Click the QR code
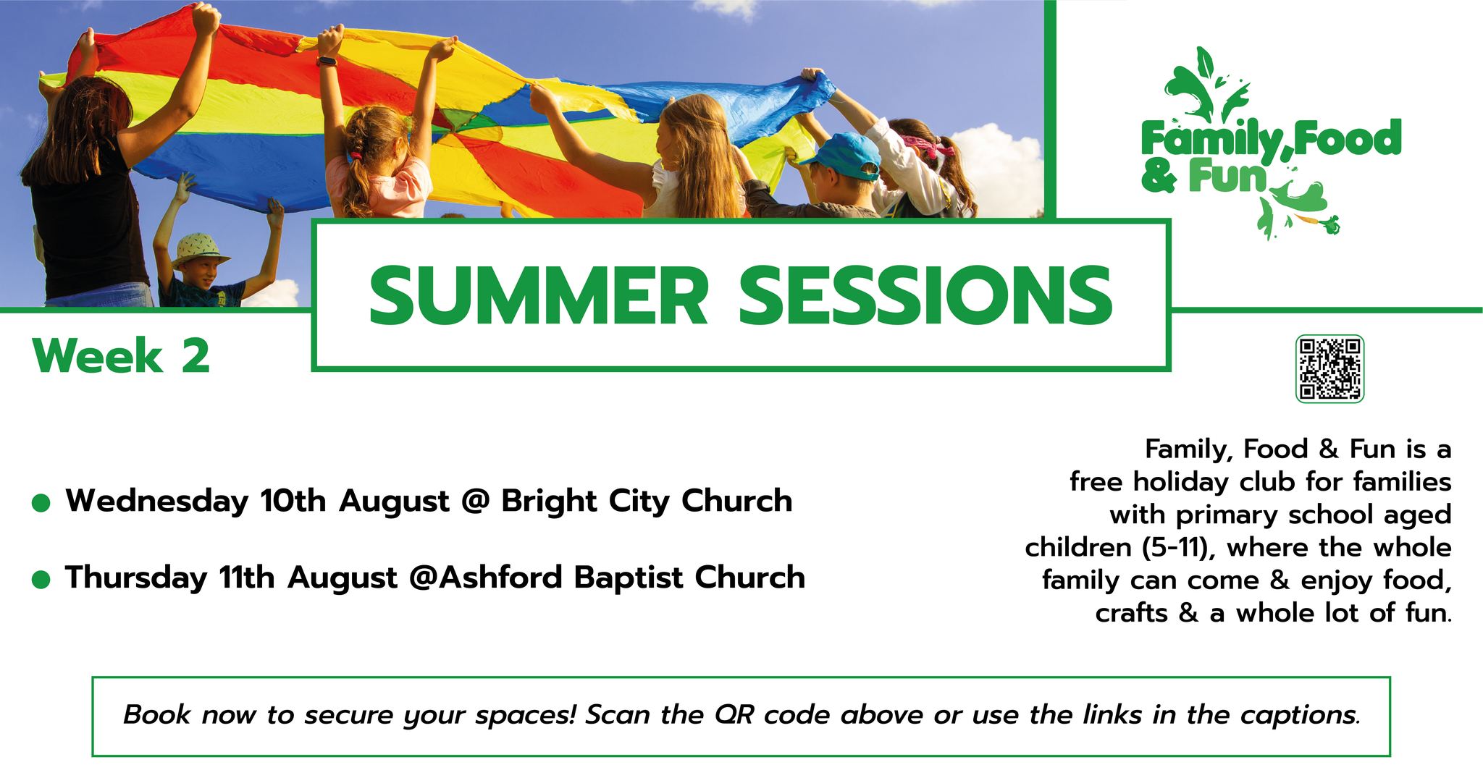click(x=1329, y=368)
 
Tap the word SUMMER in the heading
click(x=538, y=296)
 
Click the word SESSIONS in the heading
click(x=925, y=296)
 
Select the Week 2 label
click(x=122, y=356)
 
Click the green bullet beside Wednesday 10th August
click(x=41, y=503)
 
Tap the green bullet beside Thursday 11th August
click(x=41, y=579)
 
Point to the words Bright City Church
click(x=647, y=502)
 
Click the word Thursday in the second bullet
click(x=136, y=578)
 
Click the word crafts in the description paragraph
click(x=1131, y=614)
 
